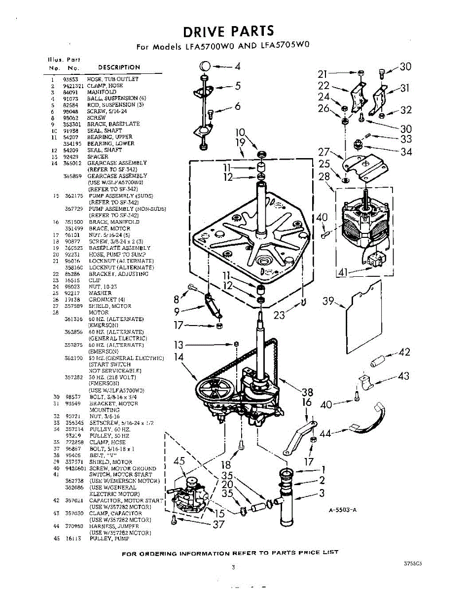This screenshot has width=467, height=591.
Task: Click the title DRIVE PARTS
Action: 228,31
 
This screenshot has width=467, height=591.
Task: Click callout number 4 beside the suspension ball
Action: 237,66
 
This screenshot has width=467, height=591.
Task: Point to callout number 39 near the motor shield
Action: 328,301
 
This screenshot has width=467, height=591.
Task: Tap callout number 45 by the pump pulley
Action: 179,461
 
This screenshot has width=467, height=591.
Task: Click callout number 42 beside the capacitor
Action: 404,352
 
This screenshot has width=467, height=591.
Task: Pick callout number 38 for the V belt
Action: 307,392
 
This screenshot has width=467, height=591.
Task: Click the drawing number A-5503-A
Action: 343,510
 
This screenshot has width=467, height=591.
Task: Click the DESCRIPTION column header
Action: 119,67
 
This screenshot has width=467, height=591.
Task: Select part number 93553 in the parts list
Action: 70,79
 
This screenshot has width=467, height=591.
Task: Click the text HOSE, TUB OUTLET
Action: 113,79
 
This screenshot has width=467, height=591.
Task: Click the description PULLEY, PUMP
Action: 109,539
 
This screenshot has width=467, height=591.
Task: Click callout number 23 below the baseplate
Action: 279,315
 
